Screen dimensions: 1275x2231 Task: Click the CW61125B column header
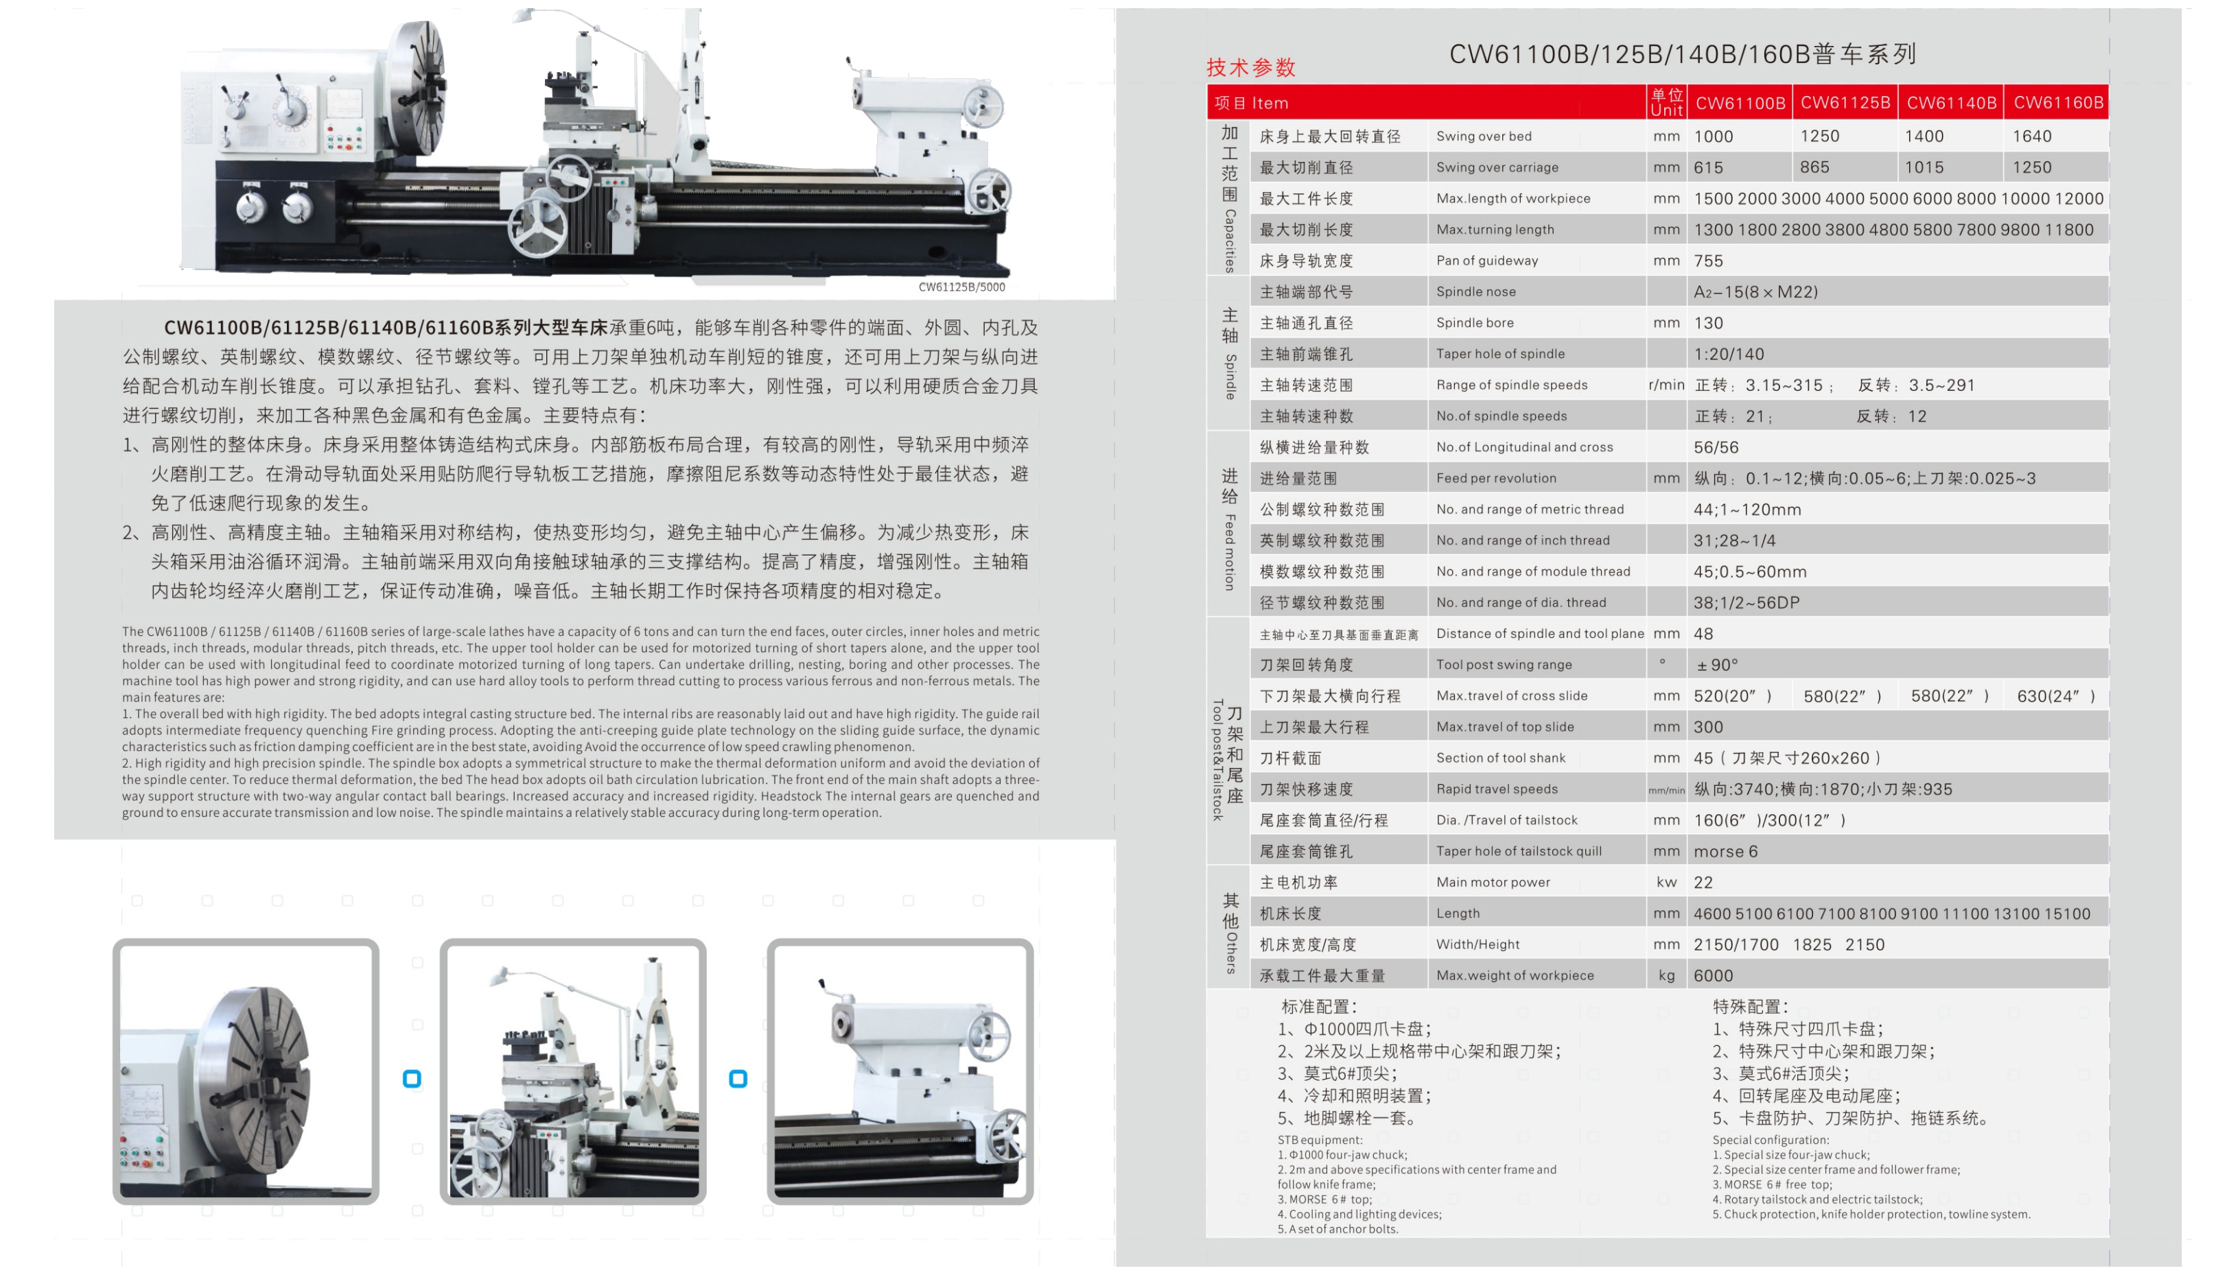pyautogui.click(x=1845, y=102)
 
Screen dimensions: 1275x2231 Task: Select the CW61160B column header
pyautogui.click(x=2057, y=102)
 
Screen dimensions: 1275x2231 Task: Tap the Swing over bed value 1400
pyautogui.click(x=1924, y=136)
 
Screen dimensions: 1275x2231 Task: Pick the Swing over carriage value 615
pyautogui.click(x=1708, y=167)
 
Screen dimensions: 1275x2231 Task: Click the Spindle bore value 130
pyautogui.click(x=1708, y=323)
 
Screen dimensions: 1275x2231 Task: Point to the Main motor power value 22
pyautogui.click(x=1703, y=882)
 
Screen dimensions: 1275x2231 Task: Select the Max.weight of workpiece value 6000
pyautogui.click(x=1712, y=975)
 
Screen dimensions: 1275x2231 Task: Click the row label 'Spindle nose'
pyautogui.click(x=1475, y=291)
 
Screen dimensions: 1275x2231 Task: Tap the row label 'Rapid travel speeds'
pyautogui.click(x=1496, y=789)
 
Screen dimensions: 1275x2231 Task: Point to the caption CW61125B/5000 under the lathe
pyautogui.click(x=961, y=287)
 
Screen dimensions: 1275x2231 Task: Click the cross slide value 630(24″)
pyautogui.click(x=2055, y=696)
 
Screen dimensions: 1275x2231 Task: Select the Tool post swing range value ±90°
pyautogui.click(x=1717, y=665)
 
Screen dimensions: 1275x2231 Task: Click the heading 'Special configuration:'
pyautogui.click(x=1771, y=1140)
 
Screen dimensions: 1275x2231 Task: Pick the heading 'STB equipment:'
pyautogui.click(x=1319, y=1140)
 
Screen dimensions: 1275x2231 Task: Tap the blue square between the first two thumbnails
pyautogui.click(x=412, y=1079)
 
